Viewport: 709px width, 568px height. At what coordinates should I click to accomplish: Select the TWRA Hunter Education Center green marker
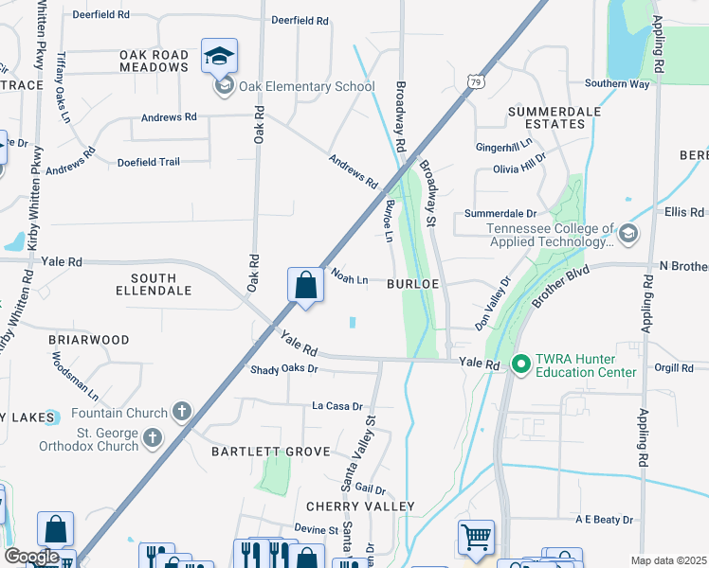pos(520,364)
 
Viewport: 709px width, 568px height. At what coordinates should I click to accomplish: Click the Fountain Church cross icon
pos(181,412)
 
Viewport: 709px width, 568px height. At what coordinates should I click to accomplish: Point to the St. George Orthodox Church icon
pos(152,437)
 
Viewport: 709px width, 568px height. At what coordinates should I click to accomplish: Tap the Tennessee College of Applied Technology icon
pos(627,233)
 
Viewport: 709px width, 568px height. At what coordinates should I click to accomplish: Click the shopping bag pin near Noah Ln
pos(305,286)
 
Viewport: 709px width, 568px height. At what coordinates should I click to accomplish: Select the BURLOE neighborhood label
pos(411,283)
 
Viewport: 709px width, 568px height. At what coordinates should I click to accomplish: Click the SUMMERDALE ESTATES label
pos(554,117)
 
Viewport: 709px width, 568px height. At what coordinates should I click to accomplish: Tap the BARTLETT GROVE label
pos(270,453)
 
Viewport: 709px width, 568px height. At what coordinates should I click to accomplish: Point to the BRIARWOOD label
pos(88,340)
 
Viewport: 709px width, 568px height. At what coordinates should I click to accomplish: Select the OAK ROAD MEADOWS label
pos(154,62)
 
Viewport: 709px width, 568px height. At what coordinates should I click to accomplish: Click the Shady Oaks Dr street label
pos(283,369)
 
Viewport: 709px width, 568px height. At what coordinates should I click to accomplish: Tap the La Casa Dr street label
pos(337,406)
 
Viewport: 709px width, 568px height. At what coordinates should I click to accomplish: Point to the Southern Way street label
pos(617,83)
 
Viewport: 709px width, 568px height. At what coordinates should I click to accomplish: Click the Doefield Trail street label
pos(148,162)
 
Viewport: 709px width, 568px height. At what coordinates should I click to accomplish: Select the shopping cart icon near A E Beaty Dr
pos(476,537)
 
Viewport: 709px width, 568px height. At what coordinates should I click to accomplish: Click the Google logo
pos(30,557)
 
